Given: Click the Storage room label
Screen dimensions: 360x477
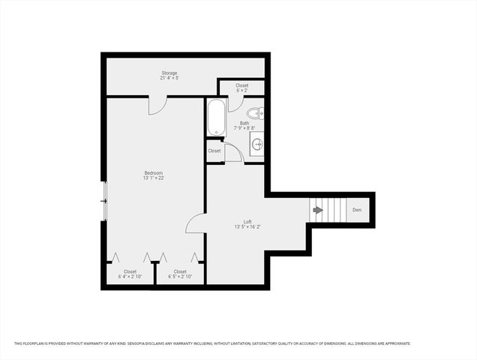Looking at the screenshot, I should pyautogui.click(x=169, y=73).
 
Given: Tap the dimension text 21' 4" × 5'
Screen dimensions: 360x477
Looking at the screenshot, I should pyautogui.click(x=169, y=78).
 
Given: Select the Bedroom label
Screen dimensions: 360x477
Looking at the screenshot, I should pyautogui.click(x=153, y=172).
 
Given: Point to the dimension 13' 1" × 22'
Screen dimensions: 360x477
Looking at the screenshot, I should pyautogui.click(x=153, y=178).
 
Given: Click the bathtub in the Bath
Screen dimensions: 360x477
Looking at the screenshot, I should pyautogui.click(x=214, y=117).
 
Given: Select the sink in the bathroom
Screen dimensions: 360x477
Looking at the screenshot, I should pyautogui.click(x=257, y=144).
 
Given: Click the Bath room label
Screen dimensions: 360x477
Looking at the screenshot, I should pyautogui.click(x=244, y=123).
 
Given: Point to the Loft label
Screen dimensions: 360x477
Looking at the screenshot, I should pyautogui.click(x=247, y=220).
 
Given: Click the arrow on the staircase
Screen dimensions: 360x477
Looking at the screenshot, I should pyautogui.click(x=318, y=210).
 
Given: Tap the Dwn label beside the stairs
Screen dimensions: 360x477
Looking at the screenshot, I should pyautogui.click(x=357, y=210).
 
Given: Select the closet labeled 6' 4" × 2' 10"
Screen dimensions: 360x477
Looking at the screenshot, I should pyautogui.click(x=130, y=274).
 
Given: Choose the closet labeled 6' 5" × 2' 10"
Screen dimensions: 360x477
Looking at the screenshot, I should pyautogui.click(x=180, y=274).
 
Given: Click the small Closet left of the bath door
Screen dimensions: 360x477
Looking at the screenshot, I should pyautogui.click(x=214, y=151).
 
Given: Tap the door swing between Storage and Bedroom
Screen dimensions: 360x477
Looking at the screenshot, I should pyautogui.click(x=157, y=104).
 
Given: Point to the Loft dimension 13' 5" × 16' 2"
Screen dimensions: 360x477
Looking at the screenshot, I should pyautogui.click(x=247, y=226).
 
